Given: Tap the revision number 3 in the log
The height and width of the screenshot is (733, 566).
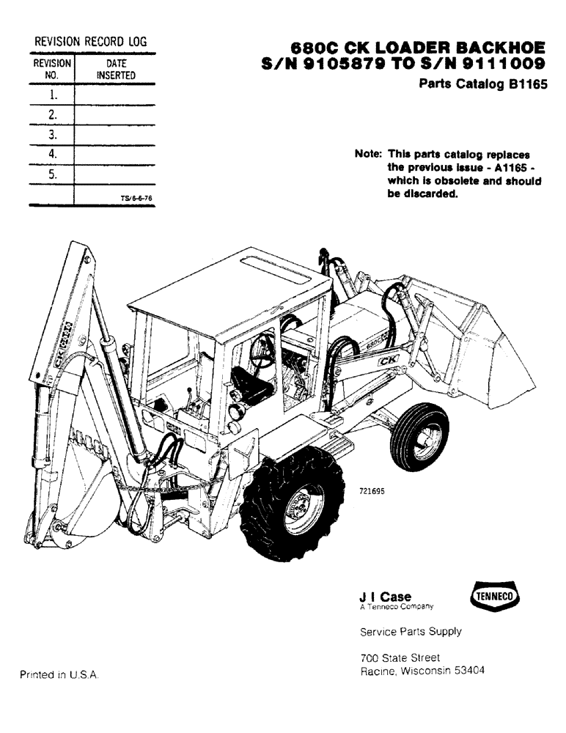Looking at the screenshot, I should [52, 135].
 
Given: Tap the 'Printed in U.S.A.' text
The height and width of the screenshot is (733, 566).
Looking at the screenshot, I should [59, 674].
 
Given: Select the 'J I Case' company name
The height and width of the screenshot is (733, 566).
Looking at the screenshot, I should [386, 597].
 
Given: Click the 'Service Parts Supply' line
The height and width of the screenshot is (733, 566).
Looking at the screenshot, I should [411, 631].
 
